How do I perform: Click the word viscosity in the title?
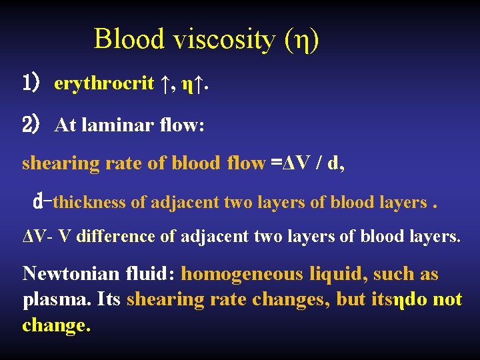point(223,39)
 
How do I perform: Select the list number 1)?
point(32,84)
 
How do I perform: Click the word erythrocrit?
point(104,84)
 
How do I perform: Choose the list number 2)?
point(32,124)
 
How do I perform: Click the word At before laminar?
point(66,125)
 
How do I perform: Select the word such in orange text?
point(393,274)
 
